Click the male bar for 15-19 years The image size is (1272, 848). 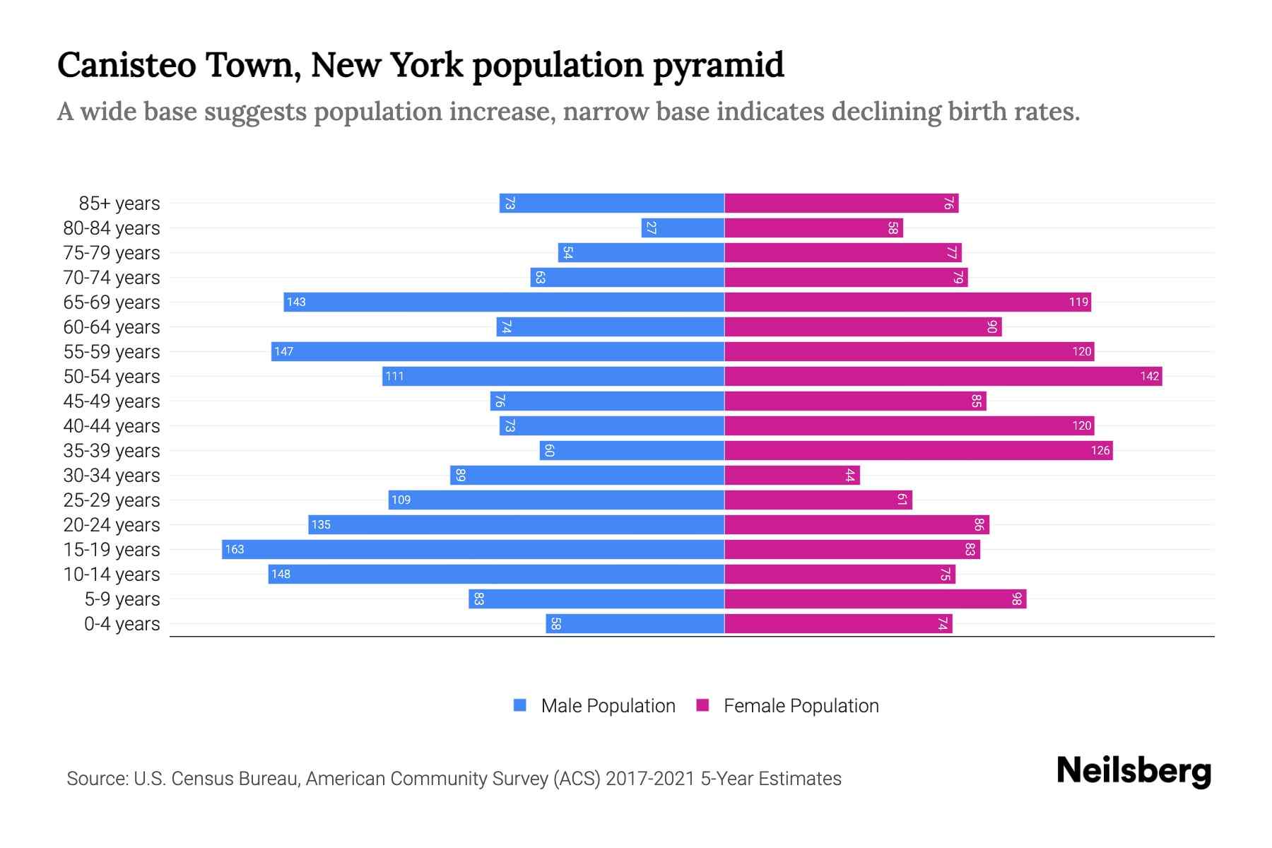(473, 549)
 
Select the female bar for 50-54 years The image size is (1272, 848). (943, 376)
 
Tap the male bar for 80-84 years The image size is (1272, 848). (683, 228)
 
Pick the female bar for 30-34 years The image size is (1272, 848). (791, 475)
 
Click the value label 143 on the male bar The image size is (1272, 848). (296, 302)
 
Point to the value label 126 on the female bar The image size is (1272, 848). (1100, 450)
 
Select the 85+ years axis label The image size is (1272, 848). (119, 204)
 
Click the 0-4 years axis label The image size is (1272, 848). (122, 624)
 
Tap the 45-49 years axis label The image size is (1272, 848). (112, 401)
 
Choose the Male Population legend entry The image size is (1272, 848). (607, 705)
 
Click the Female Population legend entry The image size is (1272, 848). (801, 705)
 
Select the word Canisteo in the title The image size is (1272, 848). (126, 65)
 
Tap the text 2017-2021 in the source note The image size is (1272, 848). (649, 778)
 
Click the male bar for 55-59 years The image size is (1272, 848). (497, 351)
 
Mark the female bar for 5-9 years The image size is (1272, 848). (875, 599)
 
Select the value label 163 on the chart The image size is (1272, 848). (234, 549)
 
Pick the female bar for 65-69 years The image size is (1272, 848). (907, 302)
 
